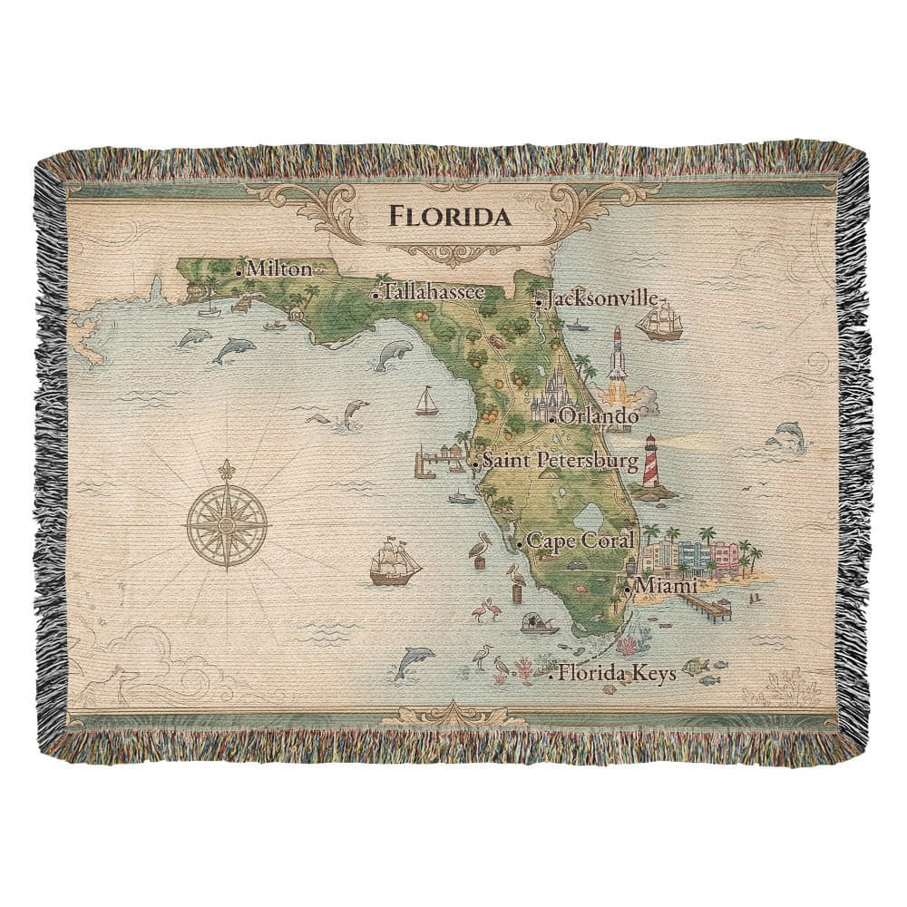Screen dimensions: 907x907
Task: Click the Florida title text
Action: (449, 218)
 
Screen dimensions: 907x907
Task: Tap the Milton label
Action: (278, 269)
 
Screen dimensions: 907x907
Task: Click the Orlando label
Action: (599, 416)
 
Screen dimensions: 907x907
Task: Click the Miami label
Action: (667, 587)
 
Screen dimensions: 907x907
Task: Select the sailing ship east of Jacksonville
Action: (659, 321)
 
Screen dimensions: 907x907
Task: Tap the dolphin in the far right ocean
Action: (785, 434)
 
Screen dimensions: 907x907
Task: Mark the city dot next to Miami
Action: (628, 590)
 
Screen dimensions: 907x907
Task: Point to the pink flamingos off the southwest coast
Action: (489, 611)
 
